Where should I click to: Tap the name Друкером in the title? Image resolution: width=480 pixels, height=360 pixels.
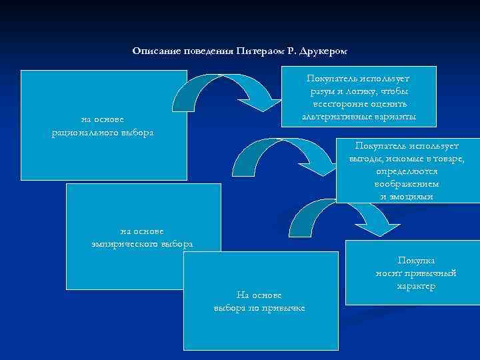tap(324, 51)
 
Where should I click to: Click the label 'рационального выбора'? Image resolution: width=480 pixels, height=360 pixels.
tap(103, 132)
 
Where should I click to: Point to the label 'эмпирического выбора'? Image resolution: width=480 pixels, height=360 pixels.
tap(143, 243)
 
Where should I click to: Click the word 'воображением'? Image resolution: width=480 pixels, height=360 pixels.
tap(406, 183)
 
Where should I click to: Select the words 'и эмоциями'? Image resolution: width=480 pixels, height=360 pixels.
tap(406, 196)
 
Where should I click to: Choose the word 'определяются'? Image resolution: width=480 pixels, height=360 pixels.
tap(406, 171)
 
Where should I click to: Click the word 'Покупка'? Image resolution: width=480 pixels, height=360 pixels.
tap(416, 261)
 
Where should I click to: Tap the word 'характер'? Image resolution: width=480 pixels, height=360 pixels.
tap(416, 285)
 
